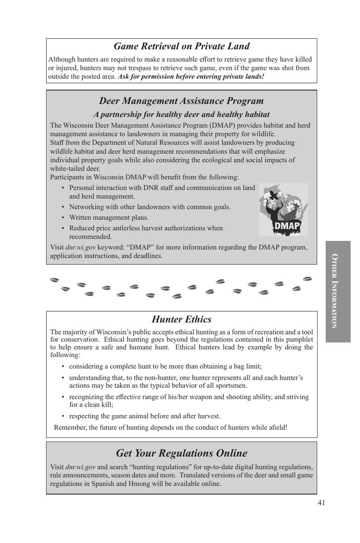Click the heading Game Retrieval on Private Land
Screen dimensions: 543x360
click(x=182, y=46)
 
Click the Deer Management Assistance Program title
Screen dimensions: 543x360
click(x=182, y=101)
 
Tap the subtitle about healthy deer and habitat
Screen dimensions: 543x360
click(x=182, y=114)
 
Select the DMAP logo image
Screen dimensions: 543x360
click(x=283, y=209)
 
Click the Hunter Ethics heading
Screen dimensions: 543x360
click(x=182, y=319)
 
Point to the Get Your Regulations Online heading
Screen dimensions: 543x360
click(x=182, y=453)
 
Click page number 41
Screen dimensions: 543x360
click(x=321, y=502)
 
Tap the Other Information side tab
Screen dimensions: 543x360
click(x=338, y=291)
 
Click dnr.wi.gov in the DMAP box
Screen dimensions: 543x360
click(x=80, y=247)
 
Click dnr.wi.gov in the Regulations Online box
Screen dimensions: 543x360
click(x=80, y=467)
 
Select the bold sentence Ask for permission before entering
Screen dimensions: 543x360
click(x=191, y=76)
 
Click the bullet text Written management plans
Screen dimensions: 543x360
click(x=109, y=217)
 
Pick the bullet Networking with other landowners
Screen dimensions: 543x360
click(x=150, y=207)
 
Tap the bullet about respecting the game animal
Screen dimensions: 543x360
click(x=144, y=416)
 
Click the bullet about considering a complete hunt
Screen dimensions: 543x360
click(x=165, y=366)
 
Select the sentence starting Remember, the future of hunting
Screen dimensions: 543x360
click(x=171, y=427)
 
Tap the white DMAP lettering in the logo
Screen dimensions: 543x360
click(x=286, y=226)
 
